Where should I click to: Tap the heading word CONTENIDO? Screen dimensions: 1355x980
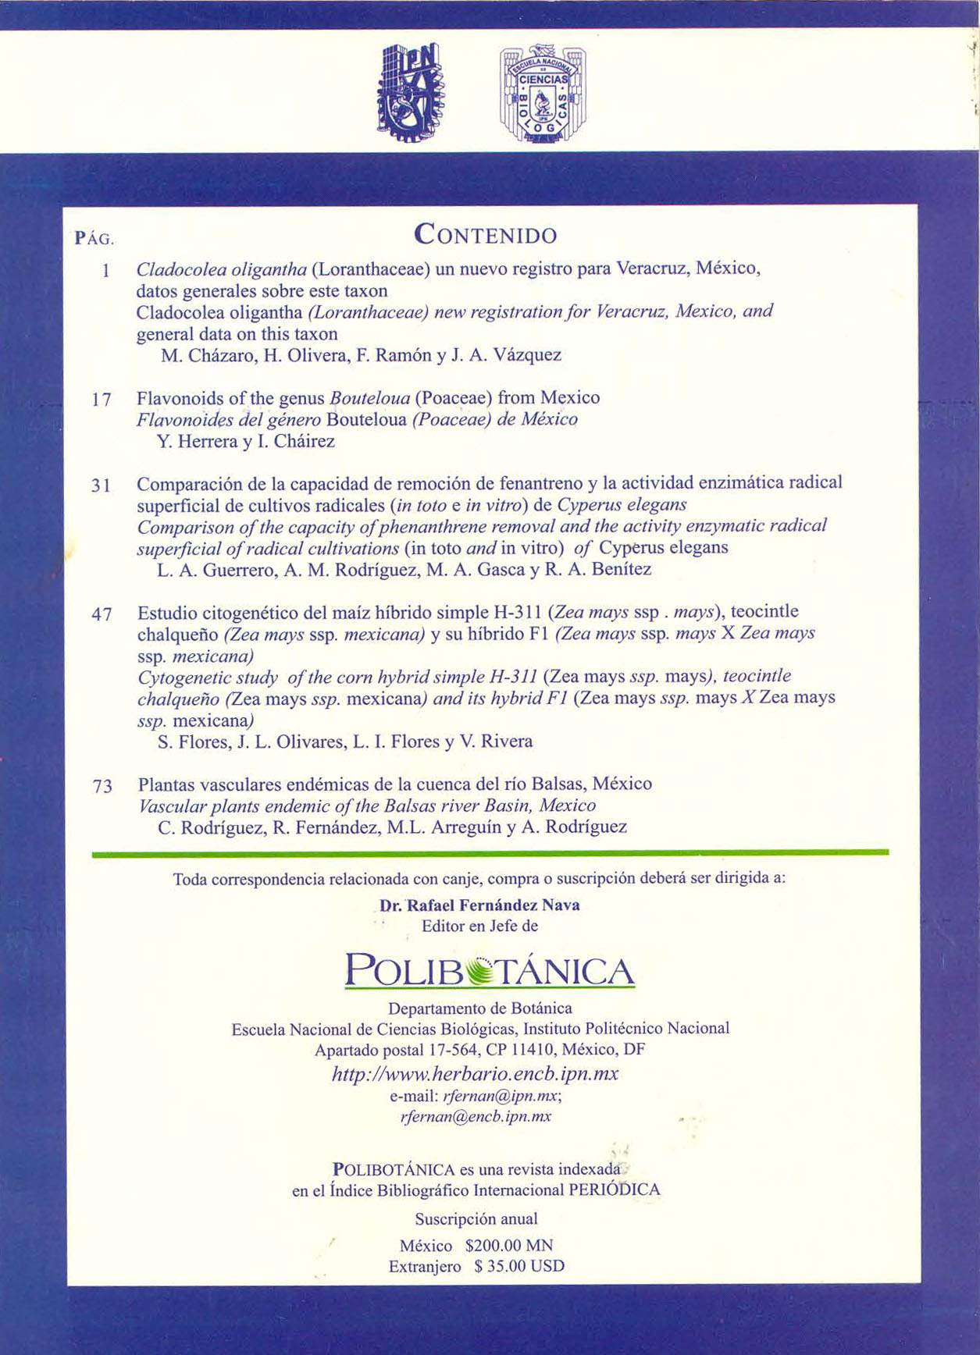click(x=485, y=234)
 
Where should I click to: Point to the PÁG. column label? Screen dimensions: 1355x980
click(x=94, y=239)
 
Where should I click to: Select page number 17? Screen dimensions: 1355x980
click(x=102, y=400)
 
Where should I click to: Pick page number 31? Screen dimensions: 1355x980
click(x=102, y=485)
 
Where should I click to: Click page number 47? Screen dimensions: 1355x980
click(x=102, y=614)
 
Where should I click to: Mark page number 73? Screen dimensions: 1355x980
click(x=102, y=787)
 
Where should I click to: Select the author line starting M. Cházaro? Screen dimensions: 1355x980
click(x=361, y=356)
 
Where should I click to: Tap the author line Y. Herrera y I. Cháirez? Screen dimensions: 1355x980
click(x=246, y=442)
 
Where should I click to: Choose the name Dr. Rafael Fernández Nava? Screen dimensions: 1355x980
click(x=479, y=905)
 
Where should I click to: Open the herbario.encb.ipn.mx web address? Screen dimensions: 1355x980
click(x=476, y=1074)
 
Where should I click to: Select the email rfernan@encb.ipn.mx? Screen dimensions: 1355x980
click(x=476, y=1116)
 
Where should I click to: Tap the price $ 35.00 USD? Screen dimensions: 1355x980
click(x=519, y=1266)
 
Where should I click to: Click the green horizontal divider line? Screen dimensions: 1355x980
click(x=490, y=853)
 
